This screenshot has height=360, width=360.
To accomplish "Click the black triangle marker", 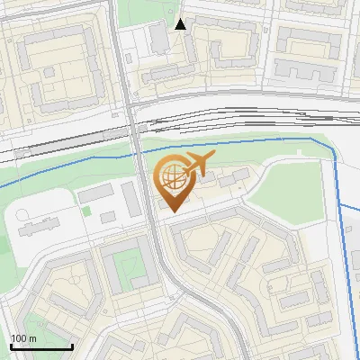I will [x=181, y=24].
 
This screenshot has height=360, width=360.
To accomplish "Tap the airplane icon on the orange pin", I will [x=197, y=166].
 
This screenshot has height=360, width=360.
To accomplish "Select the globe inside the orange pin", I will [x=172, y=180].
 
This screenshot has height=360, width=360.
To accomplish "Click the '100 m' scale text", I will [x=23, y=338].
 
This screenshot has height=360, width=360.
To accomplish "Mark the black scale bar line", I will [x=41, y=346].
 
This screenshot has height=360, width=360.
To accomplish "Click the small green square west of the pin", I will [x=87, y=211].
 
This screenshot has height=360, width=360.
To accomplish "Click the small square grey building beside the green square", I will [x=109, y=217].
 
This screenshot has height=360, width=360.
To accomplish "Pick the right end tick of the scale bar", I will [x=71, y=346].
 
